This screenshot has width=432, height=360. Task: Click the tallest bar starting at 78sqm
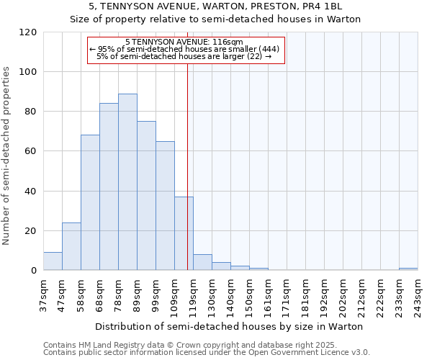[127, 182]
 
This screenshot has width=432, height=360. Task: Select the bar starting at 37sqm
[53, 261]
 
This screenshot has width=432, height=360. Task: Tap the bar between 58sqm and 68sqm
[90, 202]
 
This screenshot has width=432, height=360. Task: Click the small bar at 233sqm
[408, 269]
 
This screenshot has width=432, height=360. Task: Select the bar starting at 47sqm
[71, 246]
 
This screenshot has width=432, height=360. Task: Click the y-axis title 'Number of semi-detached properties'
[6, 156]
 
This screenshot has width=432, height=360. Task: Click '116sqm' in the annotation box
[229, 42]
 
